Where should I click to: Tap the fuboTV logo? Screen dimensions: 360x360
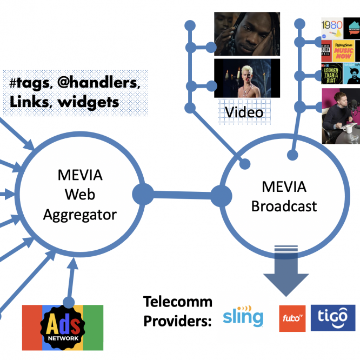pyautogui.click(x=292, y=318)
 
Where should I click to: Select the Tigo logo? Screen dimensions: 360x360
pyautogui.click(x=332, y=318)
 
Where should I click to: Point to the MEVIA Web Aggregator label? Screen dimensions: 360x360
pyautogui.click(x=80, y=195)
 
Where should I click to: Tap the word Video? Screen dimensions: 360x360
pyautogui.click(x=244, y=112)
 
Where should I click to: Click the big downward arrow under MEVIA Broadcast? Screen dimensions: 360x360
pyautogui.click(x=286, y=274)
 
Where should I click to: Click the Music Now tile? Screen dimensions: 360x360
pyautogui.click(x=344, y=52)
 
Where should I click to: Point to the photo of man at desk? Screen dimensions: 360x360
pyautogui.click(x=341, y=116)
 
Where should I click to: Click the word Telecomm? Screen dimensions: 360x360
pyautogui.click(x=177, y=302)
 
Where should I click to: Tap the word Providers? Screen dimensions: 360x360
pyautogui.click(x=177, y=321)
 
